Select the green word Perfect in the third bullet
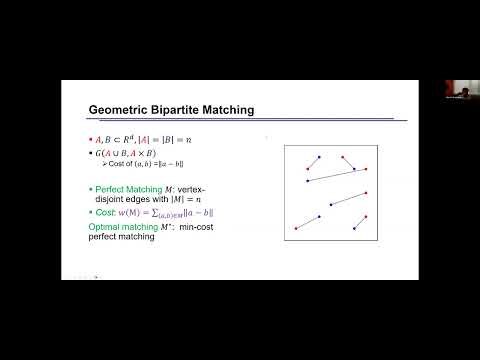103,188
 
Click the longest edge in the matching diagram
337,175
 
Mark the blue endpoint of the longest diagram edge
307,181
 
